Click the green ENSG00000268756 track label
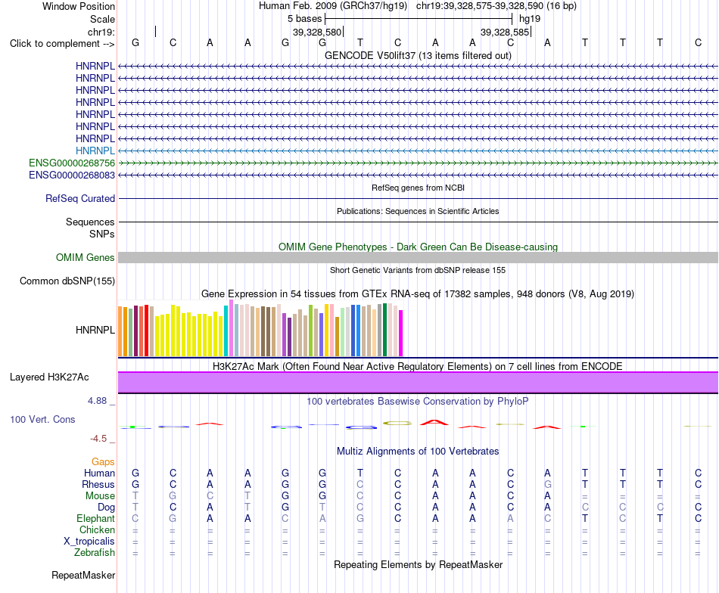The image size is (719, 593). tap(72, 163)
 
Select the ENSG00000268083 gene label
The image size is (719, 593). tap(72, 175)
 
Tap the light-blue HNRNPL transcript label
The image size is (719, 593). tap(95, 151)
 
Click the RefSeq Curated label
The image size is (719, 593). tap(80, 198)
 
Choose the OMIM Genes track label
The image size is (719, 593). tap(86, 258)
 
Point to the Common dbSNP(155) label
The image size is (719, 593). tap(67, 281)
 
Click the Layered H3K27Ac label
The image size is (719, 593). tap(49, 377)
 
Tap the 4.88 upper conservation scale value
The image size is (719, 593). tap(97, 401)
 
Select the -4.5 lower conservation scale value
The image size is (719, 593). tap(98, 439)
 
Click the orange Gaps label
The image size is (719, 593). tap(103, 462)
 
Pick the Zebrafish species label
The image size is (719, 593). tap(95, 553)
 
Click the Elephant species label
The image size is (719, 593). tap(96, 519)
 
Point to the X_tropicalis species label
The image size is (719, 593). tap(89, 542)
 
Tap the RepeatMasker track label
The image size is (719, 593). tap(83, 575)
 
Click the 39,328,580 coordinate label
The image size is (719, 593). tap(317, 32)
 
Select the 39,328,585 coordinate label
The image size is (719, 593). tap(505, 32)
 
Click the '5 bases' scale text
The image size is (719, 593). tap(305, 19)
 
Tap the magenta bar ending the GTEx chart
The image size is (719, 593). tap(401, 333)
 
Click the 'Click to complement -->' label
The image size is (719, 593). tap(62, 44)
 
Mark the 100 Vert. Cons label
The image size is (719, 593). tap(42, 419)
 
